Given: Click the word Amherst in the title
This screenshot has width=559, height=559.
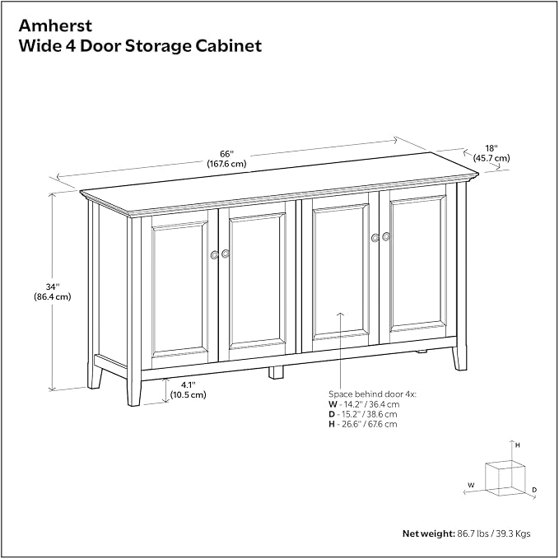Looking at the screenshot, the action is [x=55, y=26].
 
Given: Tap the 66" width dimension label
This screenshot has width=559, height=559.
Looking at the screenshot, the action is [x=226, y=154].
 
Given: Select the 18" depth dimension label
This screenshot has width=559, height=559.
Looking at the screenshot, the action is [x=491, y=148].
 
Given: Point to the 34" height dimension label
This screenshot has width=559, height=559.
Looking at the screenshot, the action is [x=53, y=286].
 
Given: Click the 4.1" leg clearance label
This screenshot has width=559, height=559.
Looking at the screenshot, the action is [x=189, y=385].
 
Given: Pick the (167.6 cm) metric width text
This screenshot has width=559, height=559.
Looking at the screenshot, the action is [x=226, y=164].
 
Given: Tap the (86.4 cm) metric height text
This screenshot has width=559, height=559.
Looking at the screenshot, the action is [x=53, y=296].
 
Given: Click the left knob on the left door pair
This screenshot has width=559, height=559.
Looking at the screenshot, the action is [x=214, y=255].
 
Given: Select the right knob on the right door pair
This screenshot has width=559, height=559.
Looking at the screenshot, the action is [x=386, y=236].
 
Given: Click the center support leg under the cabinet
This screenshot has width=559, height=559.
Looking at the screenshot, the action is [x=276, y=372].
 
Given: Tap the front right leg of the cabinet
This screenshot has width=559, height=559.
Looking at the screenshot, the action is [x=459, y=357].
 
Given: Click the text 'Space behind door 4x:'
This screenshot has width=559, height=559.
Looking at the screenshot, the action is [x=372, y=394].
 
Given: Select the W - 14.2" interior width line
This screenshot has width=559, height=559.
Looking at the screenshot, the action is [x=364, y=404].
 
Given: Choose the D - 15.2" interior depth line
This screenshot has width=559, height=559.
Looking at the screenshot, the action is [x=362, y=414].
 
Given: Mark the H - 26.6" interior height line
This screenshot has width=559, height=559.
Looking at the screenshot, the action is [x=362, y=424].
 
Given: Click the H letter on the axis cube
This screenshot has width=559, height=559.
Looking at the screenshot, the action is [x=517, y=445].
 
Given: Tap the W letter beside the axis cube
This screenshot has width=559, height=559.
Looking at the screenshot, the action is [x=471, y=485].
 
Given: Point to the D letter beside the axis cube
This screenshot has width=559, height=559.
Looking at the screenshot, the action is [x=534, y=490].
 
